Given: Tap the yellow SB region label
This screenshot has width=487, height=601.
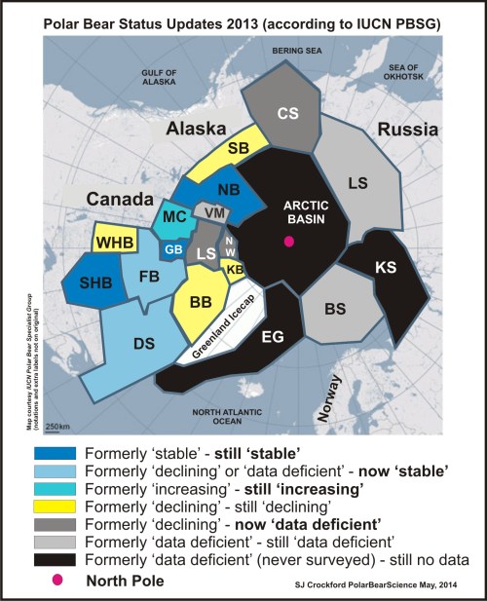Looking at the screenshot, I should pos(238,149).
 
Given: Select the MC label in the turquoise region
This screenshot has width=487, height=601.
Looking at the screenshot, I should pos(174,216).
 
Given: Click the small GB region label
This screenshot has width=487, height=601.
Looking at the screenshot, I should pos(173,249).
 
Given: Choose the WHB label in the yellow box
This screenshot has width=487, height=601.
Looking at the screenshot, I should pos(114,242).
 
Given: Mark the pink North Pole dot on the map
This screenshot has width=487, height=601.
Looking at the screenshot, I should pos(288,242).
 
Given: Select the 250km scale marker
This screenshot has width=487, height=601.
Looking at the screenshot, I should pos(57,399).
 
